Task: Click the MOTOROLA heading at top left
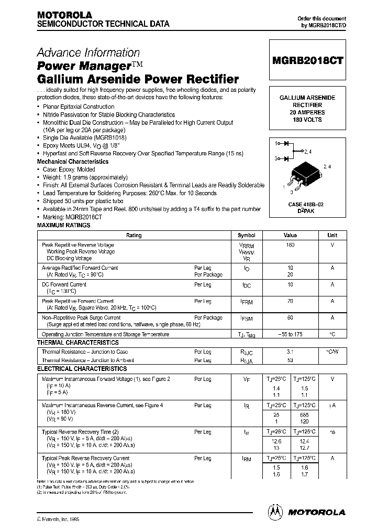[x=64, y=15]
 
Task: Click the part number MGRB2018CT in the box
[x=307, y=60]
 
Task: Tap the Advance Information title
[x=88, y=53]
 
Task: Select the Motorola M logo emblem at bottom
[x=274, y=512]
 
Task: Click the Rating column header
[x=134, y=236]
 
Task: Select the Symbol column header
[x=247, y=236]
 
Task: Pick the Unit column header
[x=332, y=236]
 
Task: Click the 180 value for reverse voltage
[x=291, y=245]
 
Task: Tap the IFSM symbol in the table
[x=247, y=318]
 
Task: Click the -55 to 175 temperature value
[x=291, y=334]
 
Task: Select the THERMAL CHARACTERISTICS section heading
[x=77, y=343]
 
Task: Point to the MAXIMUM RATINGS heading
[x=63, y=225]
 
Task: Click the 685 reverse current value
[x=304, y=415]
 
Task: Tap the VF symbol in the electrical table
[x=247, y=379]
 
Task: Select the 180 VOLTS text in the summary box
[x=307, y=120]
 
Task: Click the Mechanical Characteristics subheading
[x=73, y=162]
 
